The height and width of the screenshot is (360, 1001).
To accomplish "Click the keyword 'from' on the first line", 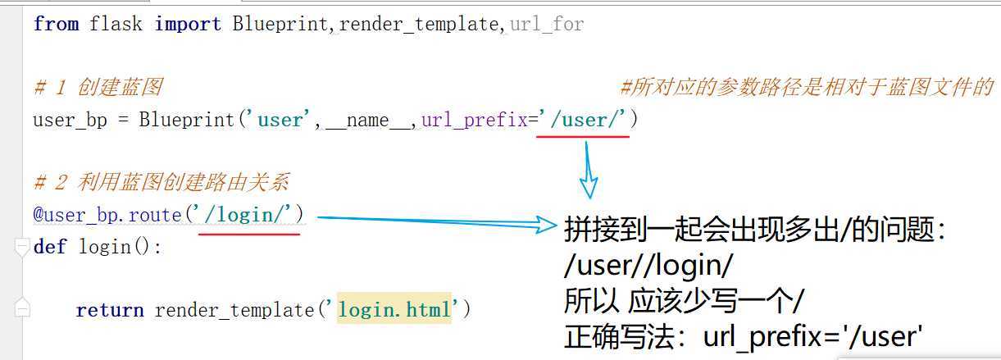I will coord(56,24).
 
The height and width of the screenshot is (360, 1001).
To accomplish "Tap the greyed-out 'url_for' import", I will coord(547,24).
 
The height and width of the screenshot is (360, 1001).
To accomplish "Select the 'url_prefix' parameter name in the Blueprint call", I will coord(474,120).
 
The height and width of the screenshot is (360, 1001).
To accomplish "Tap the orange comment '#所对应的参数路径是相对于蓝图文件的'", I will coord(807,87).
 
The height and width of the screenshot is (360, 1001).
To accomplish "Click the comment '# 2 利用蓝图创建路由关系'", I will coord(161,182).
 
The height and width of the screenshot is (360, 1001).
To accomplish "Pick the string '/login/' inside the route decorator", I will coord(248,215).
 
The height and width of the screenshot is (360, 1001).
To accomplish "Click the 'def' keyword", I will coord(50,246).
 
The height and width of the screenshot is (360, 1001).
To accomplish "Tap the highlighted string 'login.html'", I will coord(394,310).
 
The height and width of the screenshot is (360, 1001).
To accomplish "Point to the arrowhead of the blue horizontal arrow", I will coord(548,223).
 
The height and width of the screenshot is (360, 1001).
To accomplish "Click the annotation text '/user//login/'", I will coord(648,266).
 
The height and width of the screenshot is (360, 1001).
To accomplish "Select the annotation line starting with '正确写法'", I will coord(744,336).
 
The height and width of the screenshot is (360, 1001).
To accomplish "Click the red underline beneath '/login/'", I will coord(249,234).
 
